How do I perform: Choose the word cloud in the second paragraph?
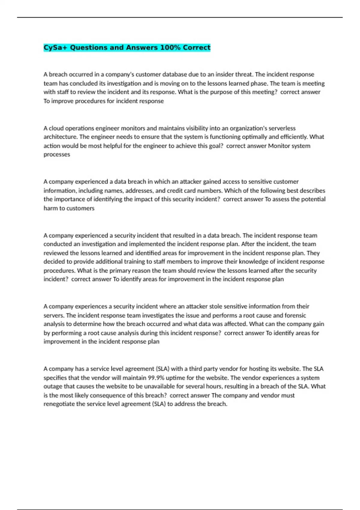pyautogui.click(x=56, y=128)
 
